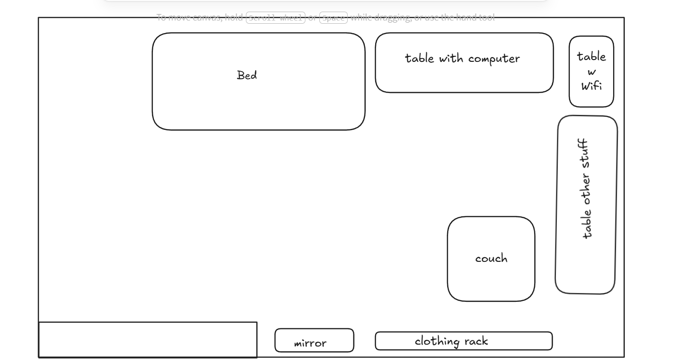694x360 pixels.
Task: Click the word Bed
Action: (247, 75)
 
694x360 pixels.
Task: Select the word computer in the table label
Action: (494, 59)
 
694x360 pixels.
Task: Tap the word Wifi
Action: (591, 86)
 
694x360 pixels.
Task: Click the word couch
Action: (491, 259)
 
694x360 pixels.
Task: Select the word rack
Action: (476, 341)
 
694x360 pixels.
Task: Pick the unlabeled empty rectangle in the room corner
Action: (148, 340)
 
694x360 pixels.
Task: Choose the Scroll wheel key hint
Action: (276, 18)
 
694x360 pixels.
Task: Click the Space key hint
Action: (333, 18)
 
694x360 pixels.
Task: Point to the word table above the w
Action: (591, 57)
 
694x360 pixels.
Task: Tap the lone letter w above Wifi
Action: (591, 72)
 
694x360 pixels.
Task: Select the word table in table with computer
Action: (419, 59)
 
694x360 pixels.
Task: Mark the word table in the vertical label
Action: (587, 224)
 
